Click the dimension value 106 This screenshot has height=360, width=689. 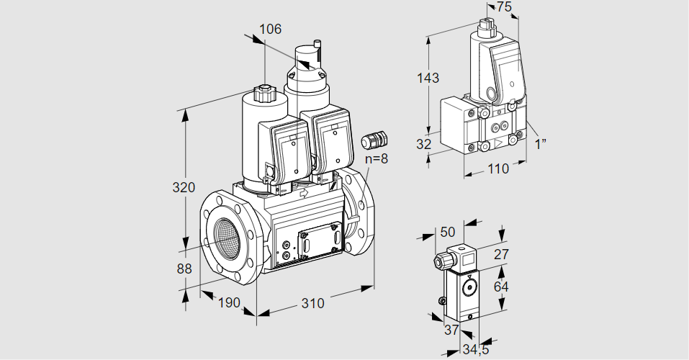(270, 30)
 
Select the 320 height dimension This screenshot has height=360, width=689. (184, 188)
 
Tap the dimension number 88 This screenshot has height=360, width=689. (184, 269)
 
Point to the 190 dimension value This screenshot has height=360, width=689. (228, 302)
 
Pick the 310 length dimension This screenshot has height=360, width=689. (312, 303)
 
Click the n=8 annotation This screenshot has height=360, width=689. (376, 159)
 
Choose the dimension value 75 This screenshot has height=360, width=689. (505, 7)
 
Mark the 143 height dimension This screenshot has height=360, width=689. (428, 78)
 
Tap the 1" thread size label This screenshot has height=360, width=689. (540, 144)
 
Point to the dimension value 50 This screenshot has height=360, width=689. (448, 232)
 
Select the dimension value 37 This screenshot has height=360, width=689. (451, 330)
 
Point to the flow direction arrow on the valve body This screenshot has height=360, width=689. (304, 193)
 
